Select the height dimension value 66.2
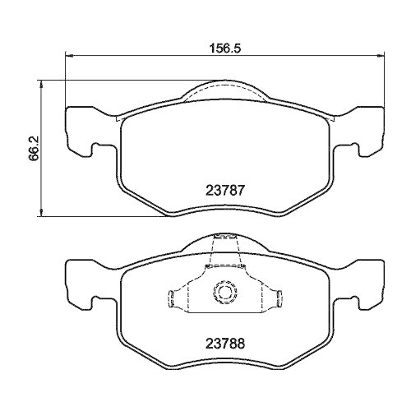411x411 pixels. tap(34, 149)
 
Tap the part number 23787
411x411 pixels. tap(221, 188)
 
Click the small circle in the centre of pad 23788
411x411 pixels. tap(222, 292)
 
